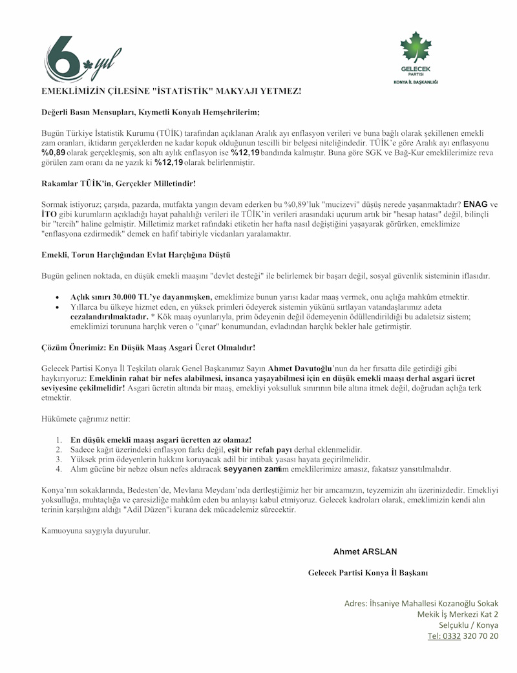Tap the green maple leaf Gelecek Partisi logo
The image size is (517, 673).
(x=416, y=58)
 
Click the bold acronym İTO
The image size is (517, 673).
(x=50, y=214)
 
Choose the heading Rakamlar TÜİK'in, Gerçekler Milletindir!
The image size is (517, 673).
(x=118, y=184)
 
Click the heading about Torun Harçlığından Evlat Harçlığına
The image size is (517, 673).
(x=136, y=255)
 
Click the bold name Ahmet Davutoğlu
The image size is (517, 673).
(x=300, y=367)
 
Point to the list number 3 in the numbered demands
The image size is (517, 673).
(x=58, y=459)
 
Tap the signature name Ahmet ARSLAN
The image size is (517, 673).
(x=365, y=551)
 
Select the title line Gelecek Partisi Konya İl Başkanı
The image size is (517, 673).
(x=368, y=573)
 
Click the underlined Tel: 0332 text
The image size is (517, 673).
(x=443, y=636)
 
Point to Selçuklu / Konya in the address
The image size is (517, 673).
(x=469, y=625)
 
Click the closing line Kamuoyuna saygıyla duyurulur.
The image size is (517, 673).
(x=96, y=531)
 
